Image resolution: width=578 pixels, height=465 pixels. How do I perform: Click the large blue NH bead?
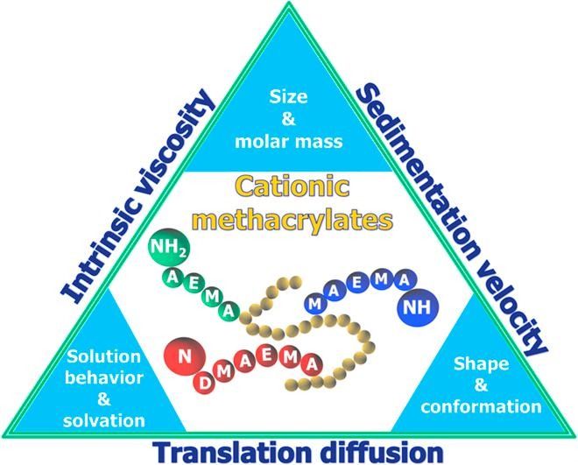(417, 307)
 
